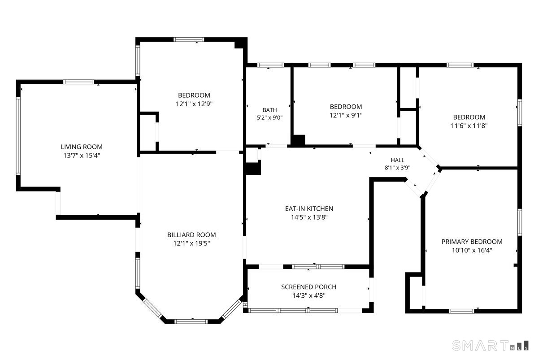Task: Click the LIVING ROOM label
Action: point(82,147)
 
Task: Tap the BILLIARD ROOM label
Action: point(191,234)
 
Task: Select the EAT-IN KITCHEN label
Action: point(309,208)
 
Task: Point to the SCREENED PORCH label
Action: point(308,287)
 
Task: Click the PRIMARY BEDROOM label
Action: point(472,241)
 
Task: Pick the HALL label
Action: point(398,160)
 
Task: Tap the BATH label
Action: point(270,110)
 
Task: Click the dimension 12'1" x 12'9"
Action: point(194,104)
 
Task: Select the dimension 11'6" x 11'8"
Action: point(469,126)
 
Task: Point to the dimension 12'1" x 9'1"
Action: point(346,115)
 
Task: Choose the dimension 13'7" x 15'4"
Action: point(82,156)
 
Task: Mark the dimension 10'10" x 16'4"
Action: point(472,250)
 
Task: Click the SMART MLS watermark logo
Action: point(490,345)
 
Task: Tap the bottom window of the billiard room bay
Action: point(191,321)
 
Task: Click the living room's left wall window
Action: point(18,136)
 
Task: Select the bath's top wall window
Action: point(271,65)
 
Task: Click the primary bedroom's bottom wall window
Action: point(461,311)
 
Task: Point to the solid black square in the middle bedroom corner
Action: point(298,140)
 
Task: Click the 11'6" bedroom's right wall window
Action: point(520,113)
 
